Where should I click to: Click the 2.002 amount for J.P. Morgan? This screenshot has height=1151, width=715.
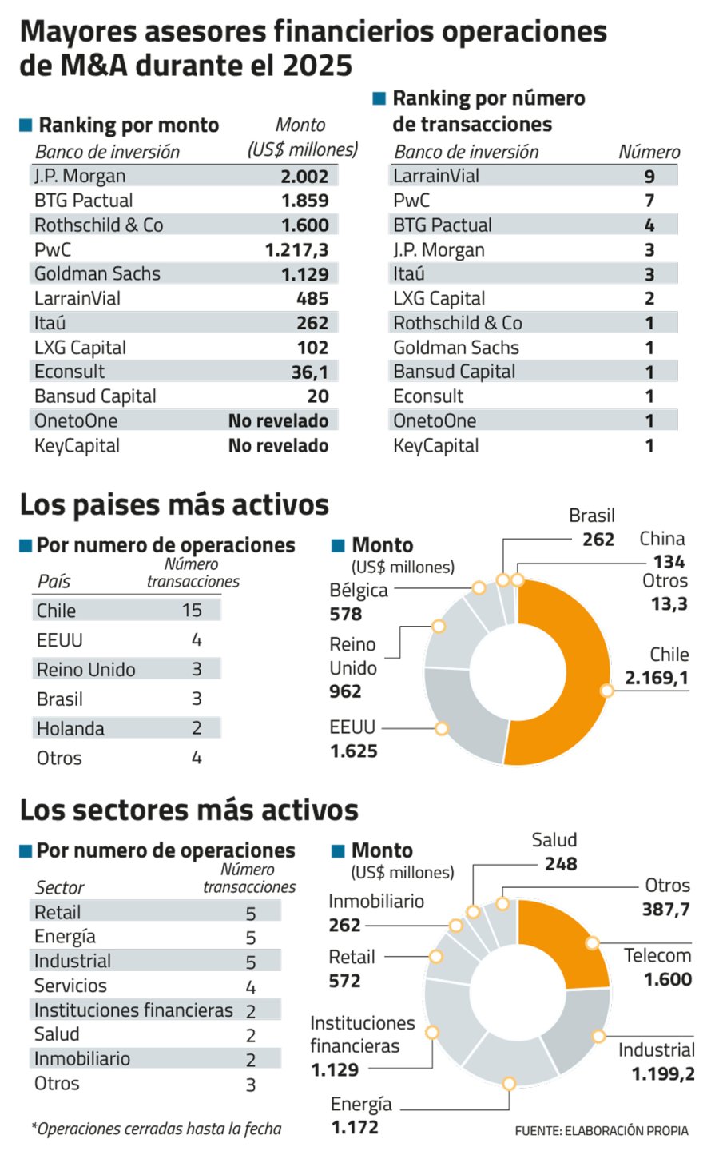pyautogui.click(x=304, y=177)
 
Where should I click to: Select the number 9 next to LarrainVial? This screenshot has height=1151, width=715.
pyautogui.click(x=649, y=177)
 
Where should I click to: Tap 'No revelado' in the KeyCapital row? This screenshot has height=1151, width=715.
pyautogui.click(x=278, y=446)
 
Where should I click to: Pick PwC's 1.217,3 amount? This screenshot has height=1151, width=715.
pyautogui.click(x=296, y=250)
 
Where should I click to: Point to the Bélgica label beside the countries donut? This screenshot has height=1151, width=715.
pyautogui.click(x=359, y=591)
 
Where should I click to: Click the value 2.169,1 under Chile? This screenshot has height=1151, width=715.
pyautogui.click(x=656, y=678)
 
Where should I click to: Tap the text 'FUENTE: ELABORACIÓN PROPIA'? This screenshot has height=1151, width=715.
pyautogui.click(x=601, y=1131)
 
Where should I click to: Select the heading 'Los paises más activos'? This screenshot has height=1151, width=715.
pyautogui.click(x=174, y=505)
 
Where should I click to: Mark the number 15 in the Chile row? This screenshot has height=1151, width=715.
pyautogui.click(x=192, y=611)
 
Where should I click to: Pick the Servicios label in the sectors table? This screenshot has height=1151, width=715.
pyautogui.click(x=70, y=986)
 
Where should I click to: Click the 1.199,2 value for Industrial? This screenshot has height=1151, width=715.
pyautogui.click(x=663, y=1073)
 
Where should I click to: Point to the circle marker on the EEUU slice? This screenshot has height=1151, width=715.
pyautogui.click(x=441, y=728)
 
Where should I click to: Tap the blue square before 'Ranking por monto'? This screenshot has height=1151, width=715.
pyautogui.click(x=26, y=125)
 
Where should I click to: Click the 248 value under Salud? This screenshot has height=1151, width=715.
pyautogui.click(x=561, y=864)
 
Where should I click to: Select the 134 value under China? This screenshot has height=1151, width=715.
pyautogui.click(x=669, y=561)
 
